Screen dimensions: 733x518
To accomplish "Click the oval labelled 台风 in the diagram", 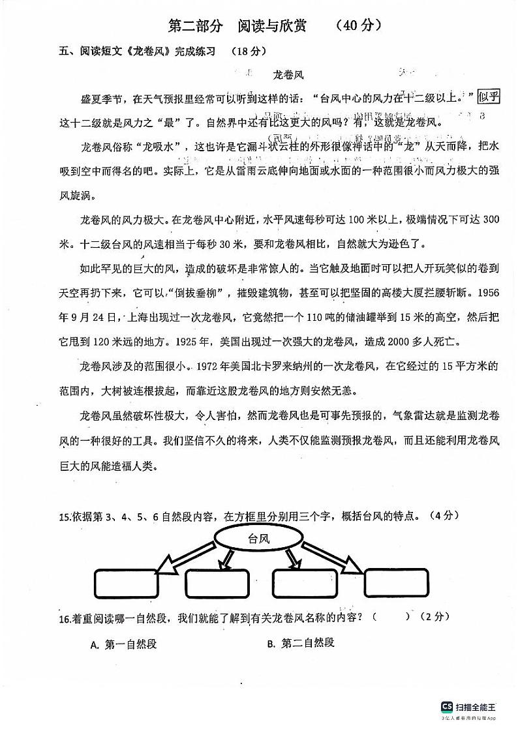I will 259,538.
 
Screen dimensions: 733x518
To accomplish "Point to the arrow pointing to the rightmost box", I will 333,557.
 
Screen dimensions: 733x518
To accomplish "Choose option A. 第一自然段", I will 124,645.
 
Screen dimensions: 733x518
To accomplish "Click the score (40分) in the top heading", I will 358,25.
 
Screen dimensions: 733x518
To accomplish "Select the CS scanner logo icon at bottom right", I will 447,707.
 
